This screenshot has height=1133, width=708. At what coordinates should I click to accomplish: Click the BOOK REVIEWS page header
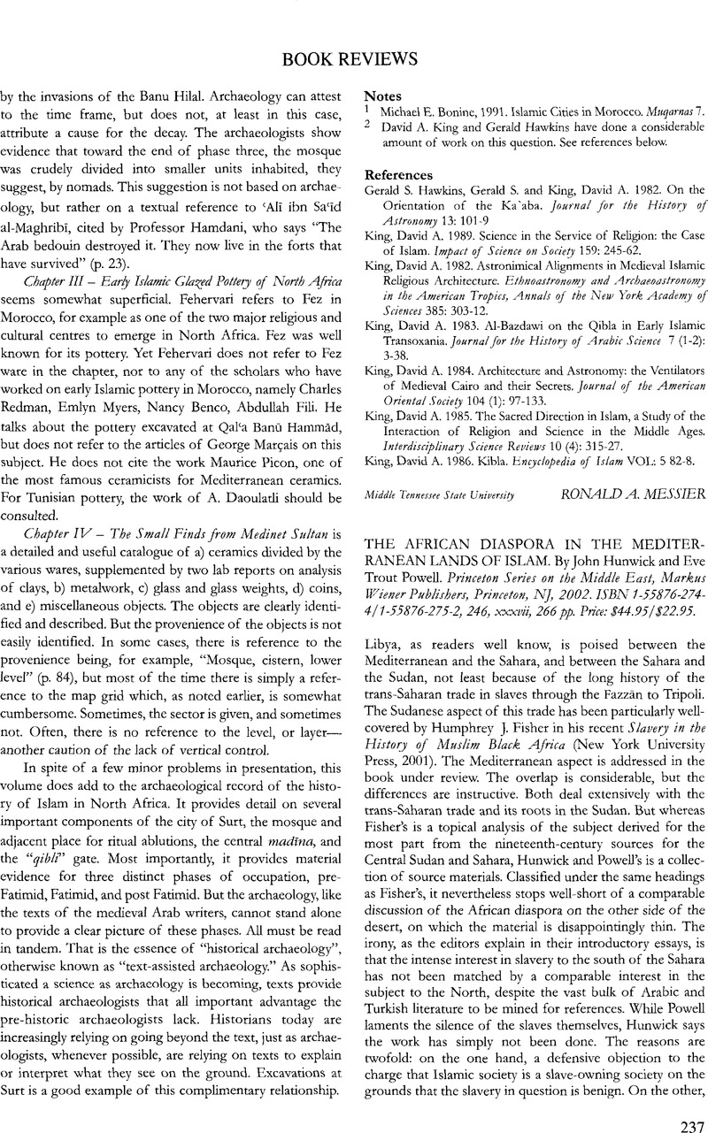pos(354,59)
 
